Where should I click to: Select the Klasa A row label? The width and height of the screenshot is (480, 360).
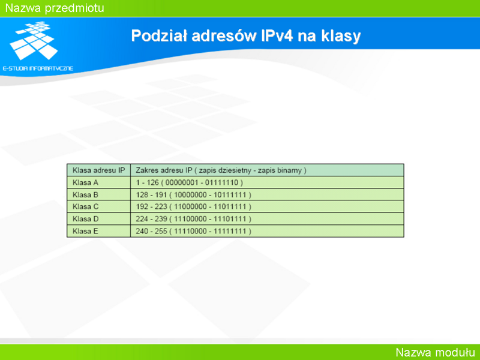coord(85,183)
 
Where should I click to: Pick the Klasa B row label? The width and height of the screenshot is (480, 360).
coord(85,194)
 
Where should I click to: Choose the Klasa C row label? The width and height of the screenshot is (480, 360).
coord(85,206)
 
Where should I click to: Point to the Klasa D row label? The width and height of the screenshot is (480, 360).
coord(85,219)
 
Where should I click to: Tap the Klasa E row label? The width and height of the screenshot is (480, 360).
coord(85,231)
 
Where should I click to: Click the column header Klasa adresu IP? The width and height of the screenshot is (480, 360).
coord(98,170)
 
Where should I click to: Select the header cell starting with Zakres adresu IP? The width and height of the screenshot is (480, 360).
coord(221,170)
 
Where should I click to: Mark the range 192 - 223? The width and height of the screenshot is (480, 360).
coord(152,206)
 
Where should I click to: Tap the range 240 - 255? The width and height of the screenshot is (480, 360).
coord(152,231)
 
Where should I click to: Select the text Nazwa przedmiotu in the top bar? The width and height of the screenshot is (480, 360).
coord(55,8)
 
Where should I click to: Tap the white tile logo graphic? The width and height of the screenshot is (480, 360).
coord(34,40)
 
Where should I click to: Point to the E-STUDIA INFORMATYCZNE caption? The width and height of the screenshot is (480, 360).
coord(38,68)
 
